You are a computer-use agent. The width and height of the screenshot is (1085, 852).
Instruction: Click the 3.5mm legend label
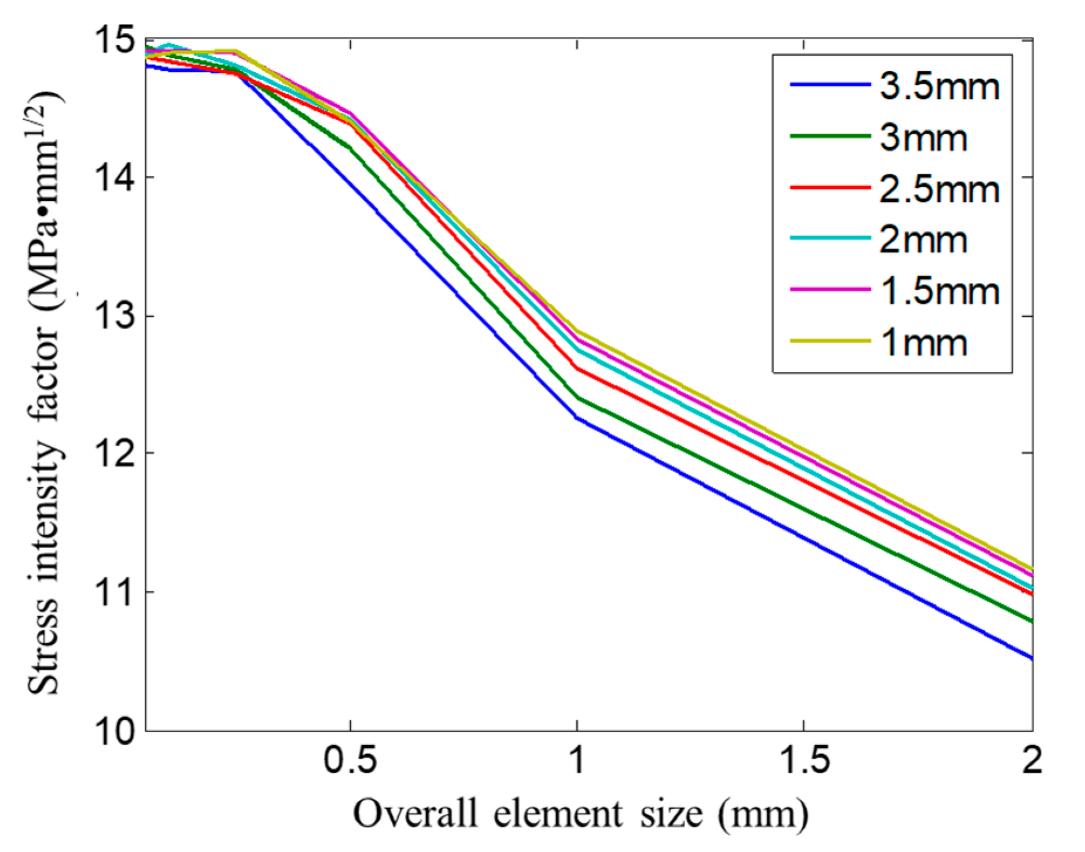(939, 87)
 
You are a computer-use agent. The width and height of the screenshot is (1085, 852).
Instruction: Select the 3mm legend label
(923, 138)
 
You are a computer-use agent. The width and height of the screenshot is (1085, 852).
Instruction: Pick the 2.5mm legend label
(939, 189)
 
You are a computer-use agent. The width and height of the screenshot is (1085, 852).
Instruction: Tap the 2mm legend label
(923, 240)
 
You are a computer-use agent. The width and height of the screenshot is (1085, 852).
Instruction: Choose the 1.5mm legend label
(939, 291)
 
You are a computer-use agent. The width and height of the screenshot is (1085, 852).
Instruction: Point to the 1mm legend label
(923, 343)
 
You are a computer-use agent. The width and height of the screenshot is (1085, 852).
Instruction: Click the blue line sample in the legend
(830, 85)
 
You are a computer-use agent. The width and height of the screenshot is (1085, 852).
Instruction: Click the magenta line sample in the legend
(830, 289)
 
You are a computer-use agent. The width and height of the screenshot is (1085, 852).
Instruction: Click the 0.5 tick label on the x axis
(350, 760)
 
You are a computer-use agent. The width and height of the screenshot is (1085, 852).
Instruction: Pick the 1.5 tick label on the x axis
(804, 760)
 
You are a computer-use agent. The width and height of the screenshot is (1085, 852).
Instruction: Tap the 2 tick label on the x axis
(1032, 760)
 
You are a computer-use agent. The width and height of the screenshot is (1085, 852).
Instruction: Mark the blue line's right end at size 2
(1031, 658)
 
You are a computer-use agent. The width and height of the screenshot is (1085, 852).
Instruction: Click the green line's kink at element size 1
(578, 398)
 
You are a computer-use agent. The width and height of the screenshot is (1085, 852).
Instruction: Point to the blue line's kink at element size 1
(577, 418)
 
